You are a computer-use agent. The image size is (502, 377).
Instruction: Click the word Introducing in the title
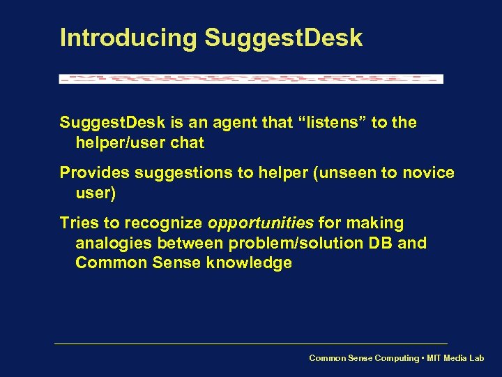coord(128,38)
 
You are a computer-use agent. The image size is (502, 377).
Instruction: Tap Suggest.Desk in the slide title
coord(283,38)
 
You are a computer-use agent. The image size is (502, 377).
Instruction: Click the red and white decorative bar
coord(251,79)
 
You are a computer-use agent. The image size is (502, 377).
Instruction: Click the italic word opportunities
coord(261,223)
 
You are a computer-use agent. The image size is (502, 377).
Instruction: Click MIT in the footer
coord(434,358)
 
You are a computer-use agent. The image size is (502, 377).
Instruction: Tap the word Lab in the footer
coord(476,358)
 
